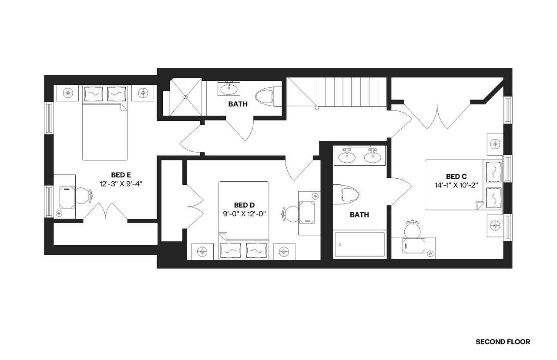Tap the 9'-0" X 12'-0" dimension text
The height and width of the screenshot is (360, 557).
(244, 213)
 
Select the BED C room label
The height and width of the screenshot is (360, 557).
(456, 176)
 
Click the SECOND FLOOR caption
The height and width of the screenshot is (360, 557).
(503, 342)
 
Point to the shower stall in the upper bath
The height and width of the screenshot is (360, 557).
(185, 97)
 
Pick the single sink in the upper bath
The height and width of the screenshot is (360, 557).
(228, 89)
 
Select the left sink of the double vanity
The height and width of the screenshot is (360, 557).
(347, 157)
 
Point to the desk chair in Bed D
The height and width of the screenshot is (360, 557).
(289, 213)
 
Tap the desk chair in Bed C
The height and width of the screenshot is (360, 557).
(412, 229)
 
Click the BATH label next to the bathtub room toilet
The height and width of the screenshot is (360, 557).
(359, 214)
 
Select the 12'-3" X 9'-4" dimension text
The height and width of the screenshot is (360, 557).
(121, 183)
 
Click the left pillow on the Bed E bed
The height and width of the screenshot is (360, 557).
(93, 93)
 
